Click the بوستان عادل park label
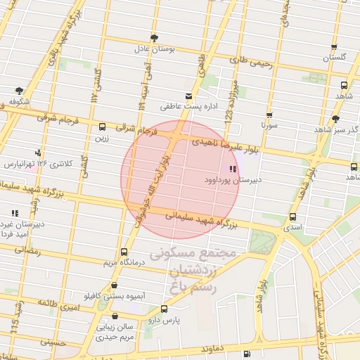click(153, 50)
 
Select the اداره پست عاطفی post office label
click(188, 107)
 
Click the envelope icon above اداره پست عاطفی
click(188, 96)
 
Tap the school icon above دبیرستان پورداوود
click(232, 169)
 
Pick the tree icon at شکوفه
click(19, 90)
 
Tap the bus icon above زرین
click(103, 127)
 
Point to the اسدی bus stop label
click(292, 228)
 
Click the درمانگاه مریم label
click(124, 263)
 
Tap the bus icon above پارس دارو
click(165, 309)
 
